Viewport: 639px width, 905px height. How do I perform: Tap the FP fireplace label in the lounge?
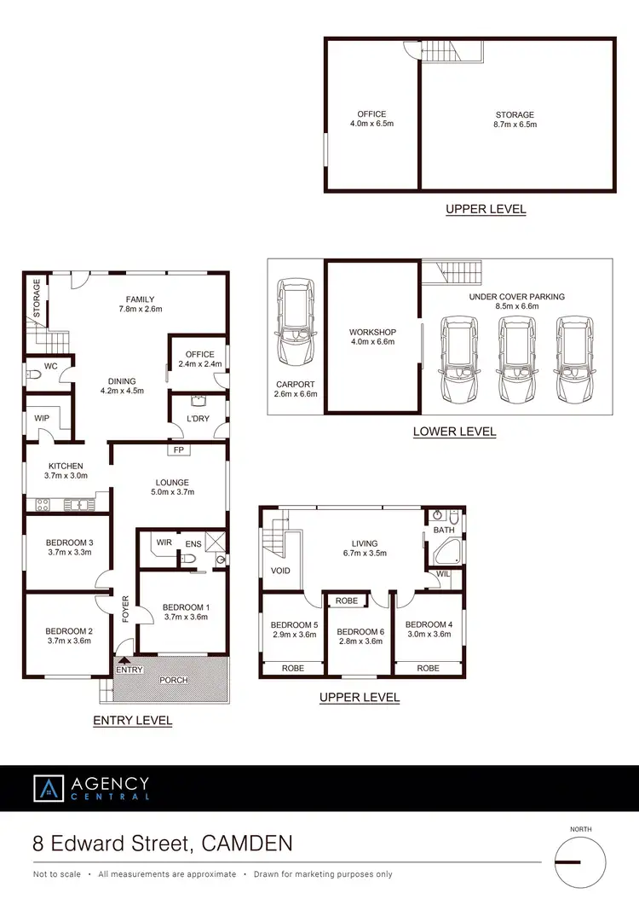pyautogui.click(x=179, y=450)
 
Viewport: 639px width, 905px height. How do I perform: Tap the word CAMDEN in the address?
pyautogui.click(x=248, y=844)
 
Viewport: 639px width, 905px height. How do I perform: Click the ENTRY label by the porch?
pyautogui.click(x=130, y=670)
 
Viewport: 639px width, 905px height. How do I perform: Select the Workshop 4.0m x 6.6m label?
pyautogui.click(x=371, y=338)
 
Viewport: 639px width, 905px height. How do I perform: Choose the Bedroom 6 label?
pyautogui.click(x=358, y=636)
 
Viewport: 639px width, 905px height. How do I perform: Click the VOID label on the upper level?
pyautogui.click(x=280, y=570)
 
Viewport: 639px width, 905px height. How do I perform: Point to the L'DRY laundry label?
pyautogui.click(x=199, y=418)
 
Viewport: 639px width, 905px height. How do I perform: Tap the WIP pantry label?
pyautogui.click(x=42, y=418)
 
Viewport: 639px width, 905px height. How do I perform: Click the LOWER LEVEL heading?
pyautogui.click(x=454, y=432)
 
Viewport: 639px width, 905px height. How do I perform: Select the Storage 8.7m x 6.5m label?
pyautogui.click(x=515, y=119)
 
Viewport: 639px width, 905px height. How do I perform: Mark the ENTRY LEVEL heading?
pyautogui.click(x=132, y=721)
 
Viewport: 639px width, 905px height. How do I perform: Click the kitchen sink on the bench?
pyautogui.click(x=78, y=505)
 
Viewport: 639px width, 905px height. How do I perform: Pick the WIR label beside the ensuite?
pyautogui.click(x=164, y=542)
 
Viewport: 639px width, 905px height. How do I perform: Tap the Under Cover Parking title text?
pyautogui.click(x=516, y=297)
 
